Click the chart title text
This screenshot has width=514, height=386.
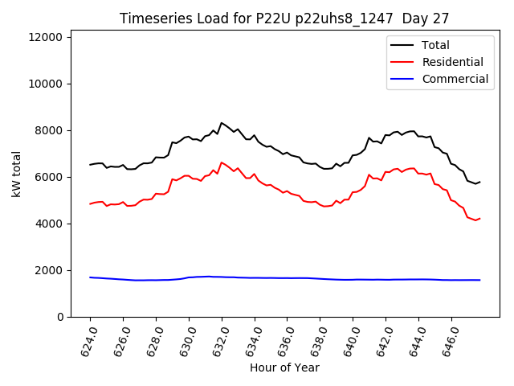[284, 18]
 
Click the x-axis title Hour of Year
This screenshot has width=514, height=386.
[284, 368]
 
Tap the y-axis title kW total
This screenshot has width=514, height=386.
[17, 174]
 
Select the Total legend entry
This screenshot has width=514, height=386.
[435, 46]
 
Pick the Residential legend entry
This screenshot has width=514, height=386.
[453, 62]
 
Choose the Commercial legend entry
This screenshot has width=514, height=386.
[455, 79]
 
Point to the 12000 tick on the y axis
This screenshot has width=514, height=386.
[48, 37]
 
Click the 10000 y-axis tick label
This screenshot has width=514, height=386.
[48, 84]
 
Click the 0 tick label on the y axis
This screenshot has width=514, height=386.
[61, 317]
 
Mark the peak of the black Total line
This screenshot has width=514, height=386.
[222, 123]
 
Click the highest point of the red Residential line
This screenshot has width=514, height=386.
[222, 162]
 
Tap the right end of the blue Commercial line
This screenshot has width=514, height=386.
[479, 280]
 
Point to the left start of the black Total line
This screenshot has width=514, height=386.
[90, 165]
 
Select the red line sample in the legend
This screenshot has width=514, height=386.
[404, 62]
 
